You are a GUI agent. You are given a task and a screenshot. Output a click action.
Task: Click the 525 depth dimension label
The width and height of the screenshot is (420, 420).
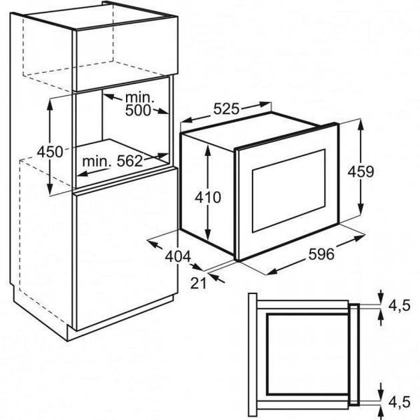point(226,108)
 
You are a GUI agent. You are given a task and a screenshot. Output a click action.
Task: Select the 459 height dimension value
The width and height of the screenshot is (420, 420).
point(360,171)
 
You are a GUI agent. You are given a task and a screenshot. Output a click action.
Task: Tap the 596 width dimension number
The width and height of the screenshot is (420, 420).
point(321,254)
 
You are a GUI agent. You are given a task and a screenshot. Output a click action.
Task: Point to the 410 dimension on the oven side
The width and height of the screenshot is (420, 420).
point(208,197)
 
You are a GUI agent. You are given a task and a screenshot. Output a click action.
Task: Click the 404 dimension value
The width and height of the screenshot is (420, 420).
point(178,256)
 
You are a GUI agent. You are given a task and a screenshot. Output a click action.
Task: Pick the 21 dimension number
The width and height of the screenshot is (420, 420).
point(199,283)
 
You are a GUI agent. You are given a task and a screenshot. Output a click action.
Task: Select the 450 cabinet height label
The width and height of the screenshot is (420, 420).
point(50,152)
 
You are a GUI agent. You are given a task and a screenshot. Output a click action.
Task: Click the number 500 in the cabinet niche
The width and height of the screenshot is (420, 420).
point(138,110)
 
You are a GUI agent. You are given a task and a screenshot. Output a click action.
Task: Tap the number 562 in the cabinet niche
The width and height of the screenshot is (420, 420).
point(130,161)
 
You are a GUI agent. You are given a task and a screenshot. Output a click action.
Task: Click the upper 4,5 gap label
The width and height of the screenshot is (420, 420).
point(400,305)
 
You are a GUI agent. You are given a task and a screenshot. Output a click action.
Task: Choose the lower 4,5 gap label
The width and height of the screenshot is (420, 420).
point(400,402)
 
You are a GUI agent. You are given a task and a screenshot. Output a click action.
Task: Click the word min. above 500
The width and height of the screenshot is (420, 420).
point(140,97)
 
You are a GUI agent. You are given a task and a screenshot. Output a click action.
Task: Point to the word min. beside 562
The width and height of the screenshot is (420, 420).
point(97,162)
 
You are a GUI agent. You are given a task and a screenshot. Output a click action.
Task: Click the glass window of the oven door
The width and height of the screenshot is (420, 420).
point(288,190)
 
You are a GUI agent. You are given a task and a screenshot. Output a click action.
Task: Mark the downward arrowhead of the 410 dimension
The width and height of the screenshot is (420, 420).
point(208,234)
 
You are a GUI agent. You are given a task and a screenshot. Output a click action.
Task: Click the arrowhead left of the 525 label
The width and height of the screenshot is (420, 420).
point(187,120)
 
